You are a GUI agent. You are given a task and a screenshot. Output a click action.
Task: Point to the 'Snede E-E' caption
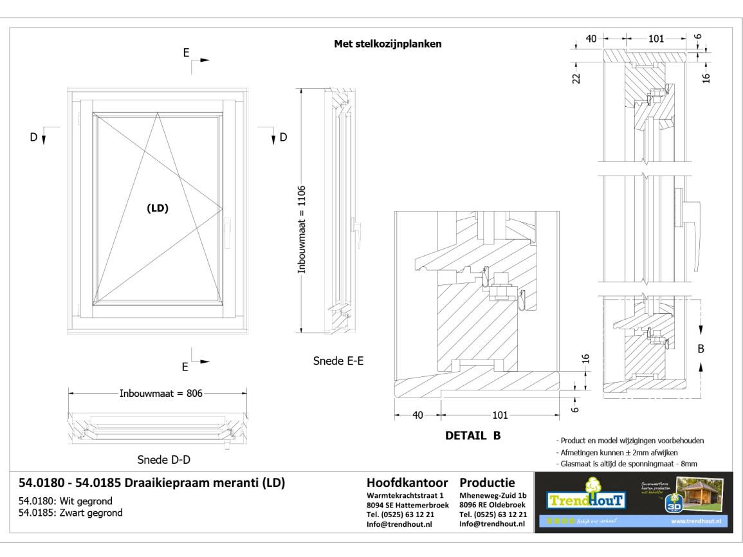coord(338,361)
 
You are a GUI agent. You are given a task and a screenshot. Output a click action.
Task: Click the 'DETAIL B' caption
coord(473,435)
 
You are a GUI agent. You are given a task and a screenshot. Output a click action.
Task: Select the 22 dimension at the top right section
coord(576,77)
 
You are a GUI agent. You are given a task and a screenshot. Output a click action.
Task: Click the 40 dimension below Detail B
coord(418,415)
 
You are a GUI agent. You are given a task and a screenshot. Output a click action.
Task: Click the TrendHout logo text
coord(581,499)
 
